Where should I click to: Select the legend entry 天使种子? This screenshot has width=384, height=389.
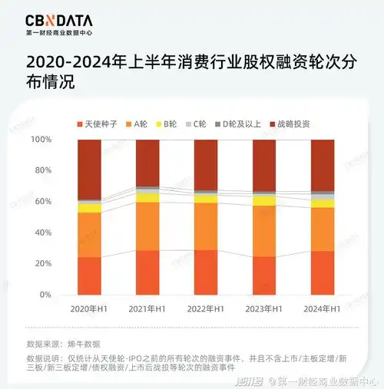pyautogui.click(x=97, y=123)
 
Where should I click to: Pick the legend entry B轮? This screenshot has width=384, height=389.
pyautogui.click(x=170, y=123)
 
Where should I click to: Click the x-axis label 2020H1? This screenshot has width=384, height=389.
pyautogui.click(x=90, y=308)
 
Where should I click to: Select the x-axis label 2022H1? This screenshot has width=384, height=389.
pyautogui.click(x=206, y=308)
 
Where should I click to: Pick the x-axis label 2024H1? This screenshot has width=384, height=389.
pyautogui.click(x=323, y=308)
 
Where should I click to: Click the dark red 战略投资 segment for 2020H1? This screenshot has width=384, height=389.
pyautogui.click(x=90, y=169)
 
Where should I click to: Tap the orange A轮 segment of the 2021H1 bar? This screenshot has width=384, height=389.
pyautogui.click(x=147, y=226)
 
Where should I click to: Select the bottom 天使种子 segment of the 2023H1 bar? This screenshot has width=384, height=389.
pyautogui.click(x=264, y=275)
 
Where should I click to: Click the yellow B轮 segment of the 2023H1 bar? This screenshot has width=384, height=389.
pyautogui.click(x=264, y=201)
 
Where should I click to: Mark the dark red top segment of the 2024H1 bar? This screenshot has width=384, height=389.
pyautogui.click(x=323, y=165)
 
